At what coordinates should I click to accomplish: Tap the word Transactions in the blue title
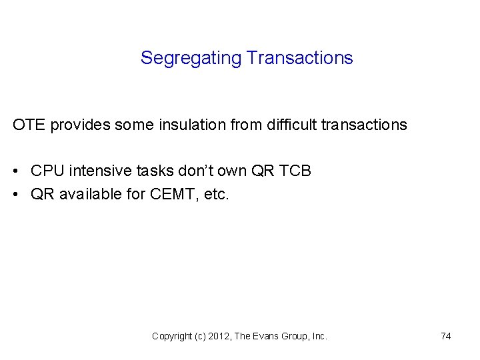(x=299, y=58)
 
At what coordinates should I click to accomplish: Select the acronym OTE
(x=29, y=125)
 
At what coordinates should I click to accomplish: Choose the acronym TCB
(x=295, y=171)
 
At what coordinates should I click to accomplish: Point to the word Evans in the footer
(x=266, y=337)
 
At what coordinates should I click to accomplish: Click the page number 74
(x=445, y=337)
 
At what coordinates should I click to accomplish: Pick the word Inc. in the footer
(x=319, y=337)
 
